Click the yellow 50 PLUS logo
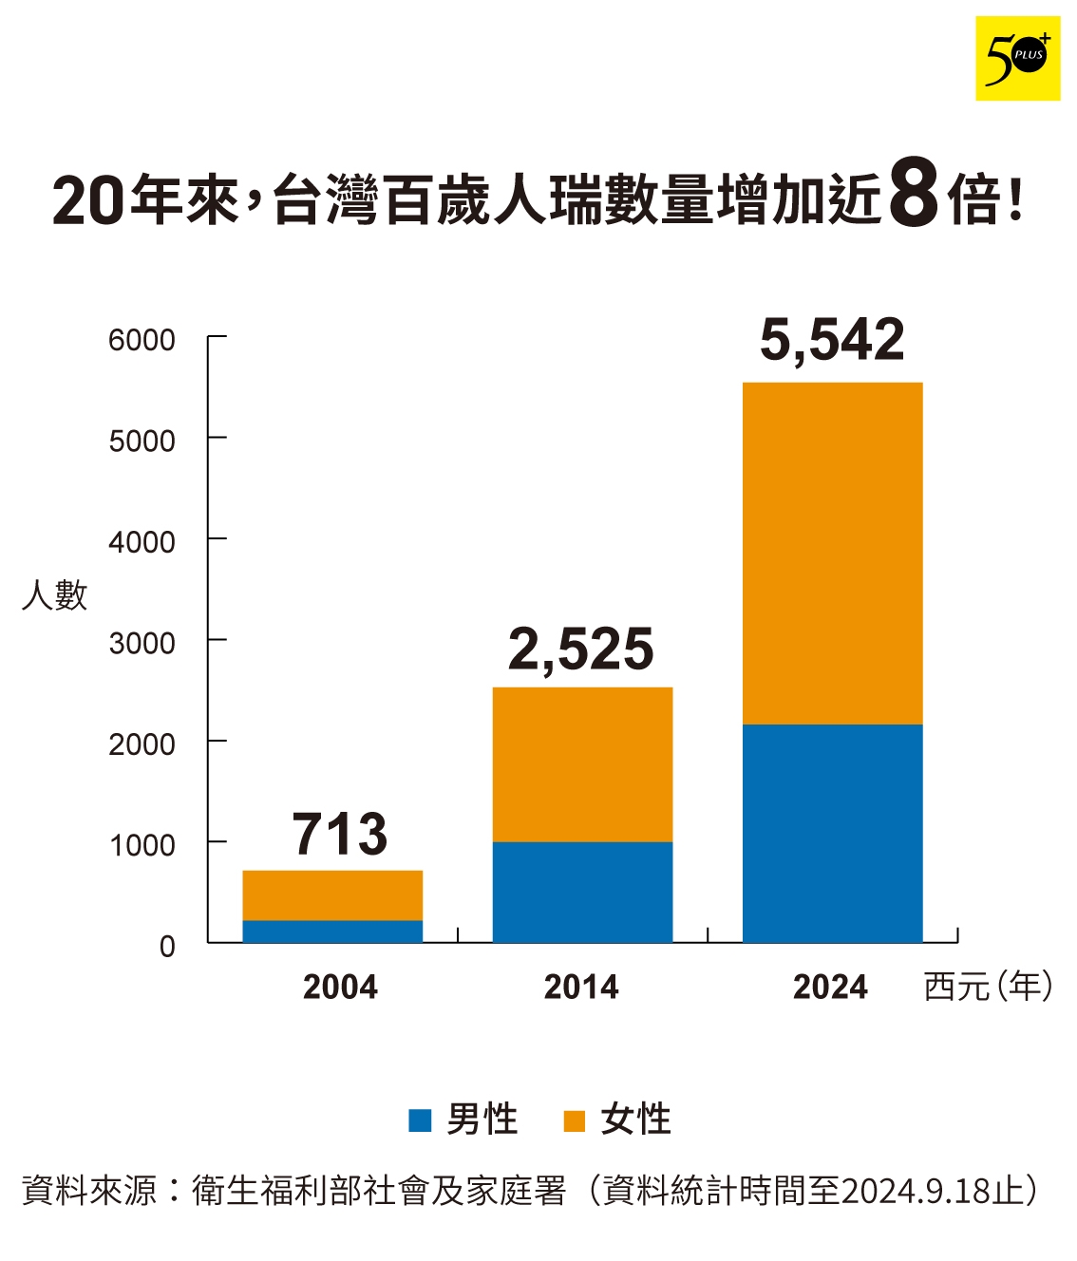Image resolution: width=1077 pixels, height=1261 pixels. [x=1017, y=58]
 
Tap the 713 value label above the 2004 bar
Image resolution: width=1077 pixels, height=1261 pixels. [x=339, y=834]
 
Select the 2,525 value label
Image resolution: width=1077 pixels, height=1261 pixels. [x=580, y=649]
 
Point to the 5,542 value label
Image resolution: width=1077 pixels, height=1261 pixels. [x=832, y=340]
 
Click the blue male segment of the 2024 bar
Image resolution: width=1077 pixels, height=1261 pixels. [x=832, y=833]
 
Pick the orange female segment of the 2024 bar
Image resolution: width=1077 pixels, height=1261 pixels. [x=832, y=553]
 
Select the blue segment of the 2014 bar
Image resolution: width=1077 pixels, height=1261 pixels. [x=582, y=892]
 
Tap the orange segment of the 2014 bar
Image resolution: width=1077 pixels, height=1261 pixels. [x=582, y=764]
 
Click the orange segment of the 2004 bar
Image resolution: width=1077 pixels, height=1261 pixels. [x=332, y=894]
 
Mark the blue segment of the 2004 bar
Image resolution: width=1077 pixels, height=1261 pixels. [x=332, y=932]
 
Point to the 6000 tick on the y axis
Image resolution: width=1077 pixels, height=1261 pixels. [x=142, y=340]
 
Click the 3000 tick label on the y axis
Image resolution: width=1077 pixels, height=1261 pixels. [x=142, y=644]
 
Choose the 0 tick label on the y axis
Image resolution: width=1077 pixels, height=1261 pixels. [x=167, y=947]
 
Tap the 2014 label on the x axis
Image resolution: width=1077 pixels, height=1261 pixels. [x=580, y=988]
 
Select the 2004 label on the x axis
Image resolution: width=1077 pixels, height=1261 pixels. [x=340, y=988]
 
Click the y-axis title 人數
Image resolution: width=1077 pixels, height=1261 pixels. [x=54, y=595]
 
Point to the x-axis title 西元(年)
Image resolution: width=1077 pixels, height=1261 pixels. [x=988, y=987]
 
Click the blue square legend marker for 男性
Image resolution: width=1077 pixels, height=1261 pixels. [x=420, y=1120]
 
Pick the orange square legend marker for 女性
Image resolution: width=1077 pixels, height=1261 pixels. [x=574, y=1120]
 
